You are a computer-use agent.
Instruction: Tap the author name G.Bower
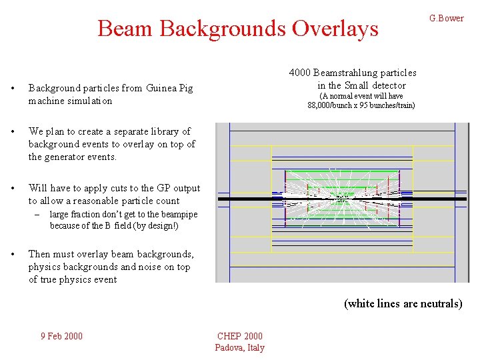click(446, 18)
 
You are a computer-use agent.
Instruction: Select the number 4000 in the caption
click(299, 73)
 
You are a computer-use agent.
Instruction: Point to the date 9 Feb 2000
click(61, 336)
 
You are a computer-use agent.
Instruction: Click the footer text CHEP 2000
click(240, 336)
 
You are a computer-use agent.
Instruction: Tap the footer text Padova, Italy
click(239, 347)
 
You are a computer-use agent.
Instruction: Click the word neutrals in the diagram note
click(441, 303)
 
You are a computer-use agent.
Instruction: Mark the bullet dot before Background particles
click(13, 89)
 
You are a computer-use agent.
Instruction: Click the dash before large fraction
click(40, 214)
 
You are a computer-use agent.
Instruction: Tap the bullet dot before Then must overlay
click(13, 254)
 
